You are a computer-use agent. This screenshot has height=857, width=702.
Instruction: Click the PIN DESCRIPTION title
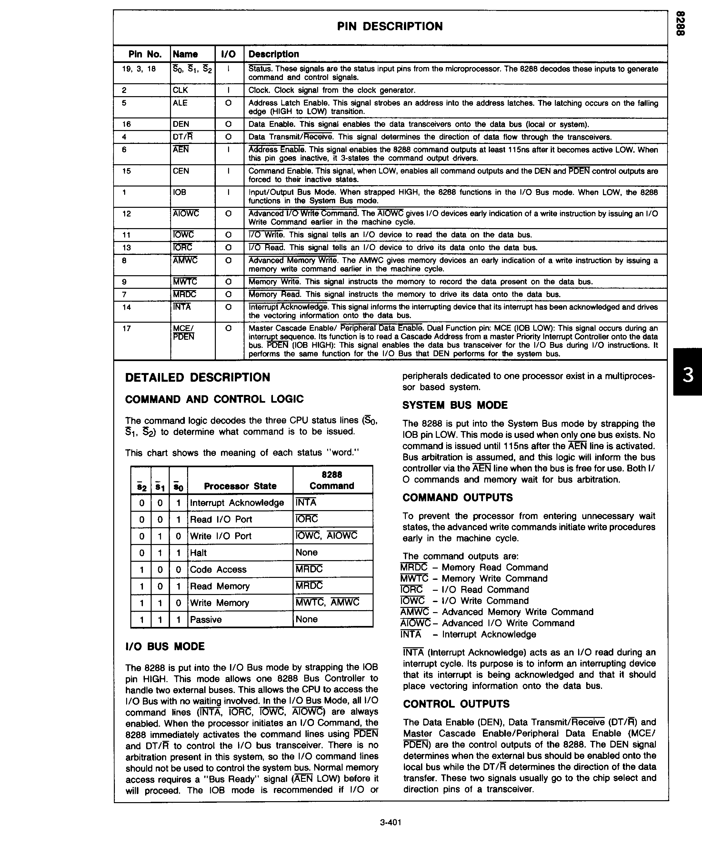click(x=390, y=27)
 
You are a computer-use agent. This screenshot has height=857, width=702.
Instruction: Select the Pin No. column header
click(x=145, y=54)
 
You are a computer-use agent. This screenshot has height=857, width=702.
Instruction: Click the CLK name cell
click(x=180, y=90)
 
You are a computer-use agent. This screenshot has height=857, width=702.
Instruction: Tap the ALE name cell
click(x=180, y=103)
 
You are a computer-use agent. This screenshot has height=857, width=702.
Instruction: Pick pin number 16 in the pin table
click(x=126, y=124)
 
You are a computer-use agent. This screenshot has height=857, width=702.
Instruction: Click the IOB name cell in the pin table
click(x=180, y=193)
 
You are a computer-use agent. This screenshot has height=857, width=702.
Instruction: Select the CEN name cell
click(x=181, y=171)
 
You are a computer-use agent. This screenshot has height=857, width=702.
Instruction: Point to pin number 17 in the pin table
click(x=126, y=328)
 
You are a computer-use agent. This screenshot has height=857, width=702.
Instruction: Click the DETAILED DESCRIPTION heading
click(x=197, y=377)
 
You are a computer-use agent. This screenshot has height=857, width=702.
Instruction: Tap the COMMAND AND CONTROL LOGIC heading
click(x=214, y=399)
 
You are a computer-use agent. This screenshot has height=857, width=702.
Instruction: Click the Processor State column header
click(x=240, y=486)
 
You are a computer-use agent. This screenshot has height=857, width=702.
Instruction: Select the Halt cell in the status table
click(x=198, y=553)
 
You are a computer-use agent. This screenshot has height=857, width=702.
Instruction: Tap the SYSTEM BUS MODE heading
click(x=455, y=405)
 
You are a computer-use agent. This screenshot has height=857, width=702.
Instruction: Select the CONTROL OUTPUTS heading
click(x=456, y=704)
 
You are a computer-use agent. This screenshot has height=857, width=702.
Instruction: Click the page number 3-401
click(x=390, y=822)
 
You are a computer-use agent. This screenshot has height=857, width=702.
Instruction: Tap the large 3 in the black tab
click(x=688, y=375)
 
